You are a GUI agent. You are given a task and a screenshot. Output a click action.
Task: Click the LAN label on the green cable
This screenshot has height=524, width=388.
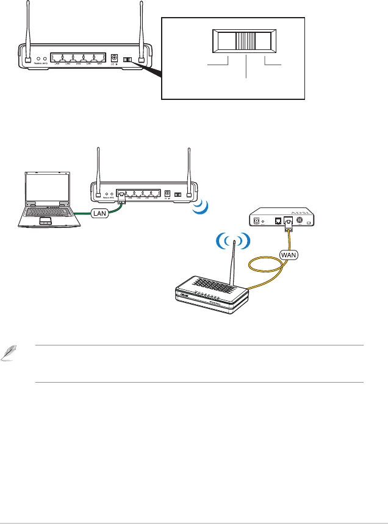tap(100, 214)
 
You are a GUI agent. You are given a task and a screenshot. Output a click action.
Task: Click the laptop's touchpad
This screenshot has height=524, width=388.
tap(45, 221)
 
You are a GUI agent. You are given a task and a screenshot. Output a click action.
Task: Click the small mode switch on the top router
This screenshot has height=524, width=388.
tap(127, 60)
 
